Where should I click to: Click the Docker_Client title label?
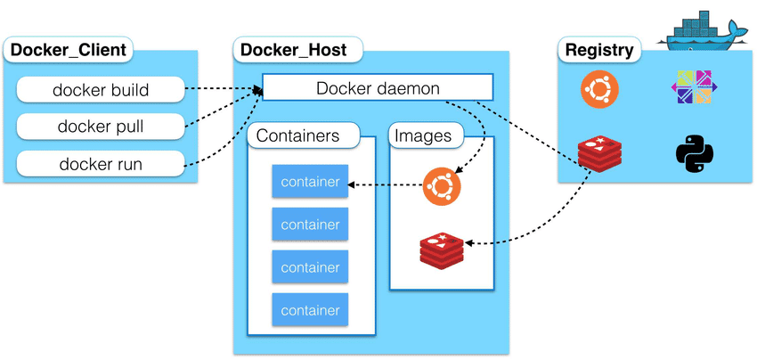pos(68,49)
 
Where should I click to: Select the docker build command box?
pos(101,90)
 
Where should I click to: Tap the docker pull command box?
pos(101,127)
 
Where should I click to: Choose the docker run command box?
pos(101,164)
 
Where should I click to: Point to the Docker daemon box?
pos(378,88)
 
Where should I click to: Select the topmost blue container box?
pos(310,183)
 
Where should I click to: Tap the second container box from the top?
pos(310,225)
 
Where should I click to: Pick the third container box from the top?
pos(310,267)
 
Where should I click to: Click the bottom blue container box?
pos(310,310)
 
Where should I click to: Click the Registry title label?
pos(599,49)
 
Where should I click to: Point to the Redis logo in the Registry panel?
pos(598,152)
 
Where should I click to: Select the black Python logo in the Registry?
pos(692,153)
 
